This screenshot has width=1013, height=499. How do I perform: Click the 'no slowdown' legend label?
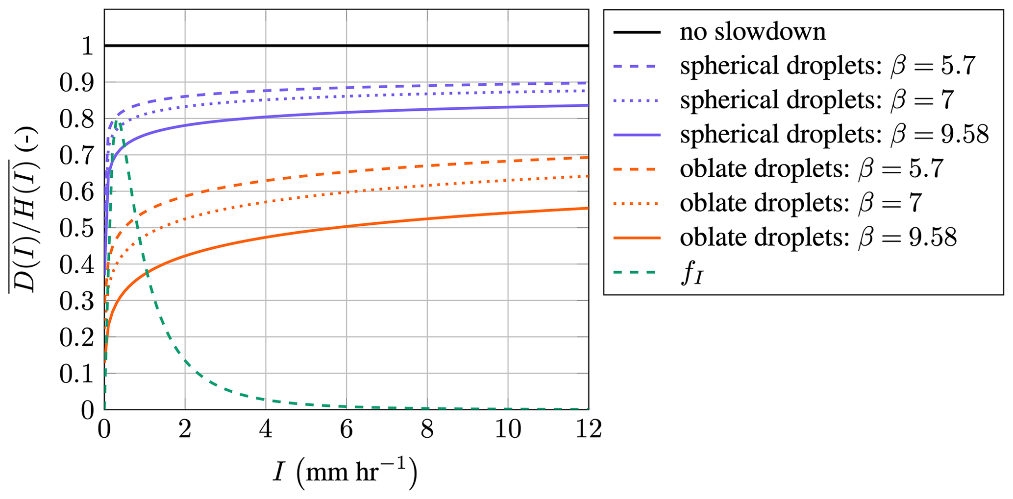[x=752, y=32]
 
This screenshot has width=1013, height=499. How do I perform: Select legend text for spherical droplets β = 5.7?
[x=827, y=66]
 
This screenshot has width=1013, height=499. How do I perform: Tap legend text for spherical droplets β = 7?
[x=816, y=100]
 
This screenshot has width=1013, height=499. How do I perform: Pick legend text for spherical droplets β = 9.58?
[x=834, y=135]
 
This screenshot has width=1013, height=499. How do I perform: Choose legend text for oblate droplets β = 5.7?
[x=811, y=169]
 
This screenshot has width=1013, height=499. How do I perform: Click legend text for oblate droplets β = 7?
[x=800, y=203]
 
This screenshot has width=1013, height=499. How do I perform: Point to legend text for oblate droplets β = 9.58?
[x=818, y=238]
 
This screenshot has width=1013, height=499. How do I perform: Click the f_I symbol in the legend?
[x=692, y=274]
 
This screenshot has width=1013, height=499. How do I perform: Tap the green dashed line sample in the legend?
[x=637, y=272]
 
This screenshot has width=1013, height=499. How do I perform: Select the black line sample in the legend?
[x=637, y=32]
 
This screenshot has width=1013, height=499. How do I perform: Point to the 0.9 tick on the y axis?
[x=76, y=83]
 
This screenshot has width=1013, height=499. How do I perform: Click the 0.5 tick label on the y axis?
[x=76, y=229]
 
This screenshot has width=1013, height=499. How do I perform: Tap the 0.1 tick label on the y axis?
[x=76, y=374]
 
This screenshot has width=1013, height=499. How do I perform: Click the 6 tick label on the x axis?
[x=346, y=429]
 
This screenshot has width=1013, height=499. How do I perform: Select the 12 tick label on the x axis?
[x=588, y=429]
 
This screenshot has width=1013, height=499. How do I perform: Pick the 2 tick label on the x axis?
[x=185, y=429]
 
